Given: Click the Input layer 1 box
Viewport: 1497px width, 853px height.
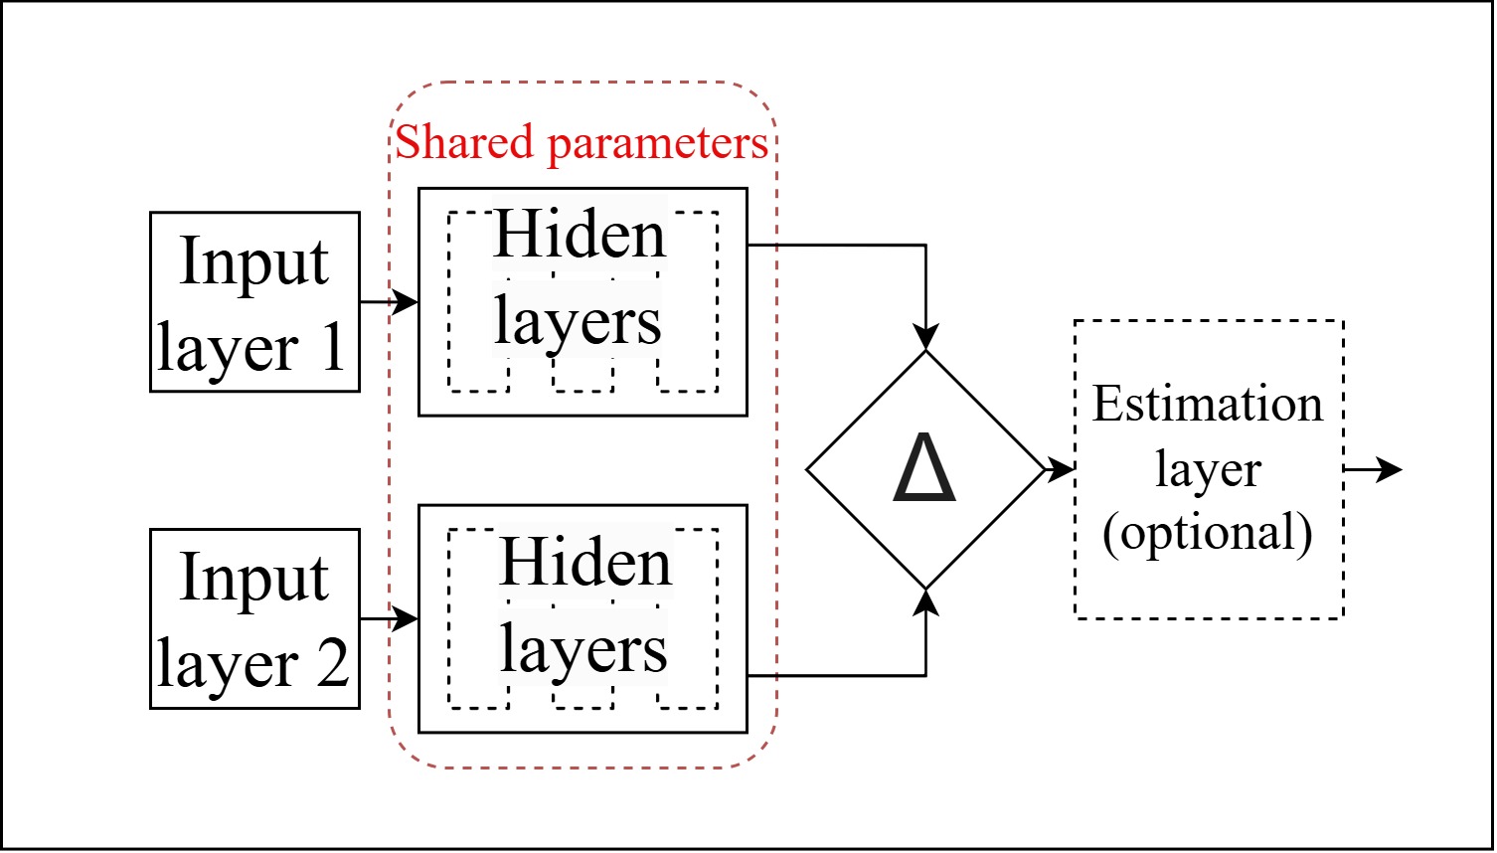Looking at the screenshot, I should (x=254, y=301).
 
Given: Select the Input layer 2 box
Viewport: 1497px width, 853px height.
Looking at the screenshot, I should (x=254, y=618).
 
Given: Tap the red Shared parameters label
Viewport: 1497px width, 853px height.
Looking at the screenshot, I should (x=582, y=142).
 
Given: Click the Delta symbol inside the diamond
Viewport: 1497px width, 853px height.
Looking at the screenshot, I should (x=924, y=468).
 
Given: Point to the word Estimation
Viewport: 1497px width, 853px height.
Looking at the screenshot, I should (x=1208, y=405).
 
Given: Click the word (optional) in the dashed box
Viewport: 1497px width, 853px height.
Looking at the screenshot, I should (x=1208, y=532).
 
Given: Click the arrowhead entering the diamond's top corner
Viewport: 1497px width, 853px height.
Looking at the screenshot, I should (x=925, y=338).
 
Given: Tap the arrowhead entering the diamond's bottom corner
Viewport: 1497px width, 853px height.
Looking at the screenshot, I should (x=925, y=601).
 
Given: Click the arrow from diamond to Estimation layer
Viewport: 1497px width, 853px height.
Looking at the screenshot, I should (x=1060, y=468).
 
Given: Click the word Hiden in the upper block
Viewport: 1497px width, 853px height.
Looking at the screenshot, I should (x=580, y=236).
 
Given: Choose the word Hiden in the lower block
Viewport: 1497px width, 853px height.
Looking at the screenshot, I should (x=585, y=563).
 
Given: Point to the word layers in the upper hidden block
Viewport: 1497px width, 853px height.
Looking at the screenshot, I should (x=578, y=322).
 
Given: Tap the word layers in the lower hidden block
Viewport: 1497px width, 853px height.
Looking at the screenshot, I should (x=583, y=650).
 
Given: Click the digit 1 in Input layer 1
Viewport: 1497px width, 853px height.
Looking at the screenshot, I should (x=330, y=348).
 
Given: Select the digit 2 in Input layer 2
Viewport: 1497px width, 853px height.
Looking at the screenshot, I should (x=332, y=664).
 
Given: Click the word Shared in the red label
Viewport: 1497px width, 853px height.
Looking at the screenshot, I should (x=465, y=142).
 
